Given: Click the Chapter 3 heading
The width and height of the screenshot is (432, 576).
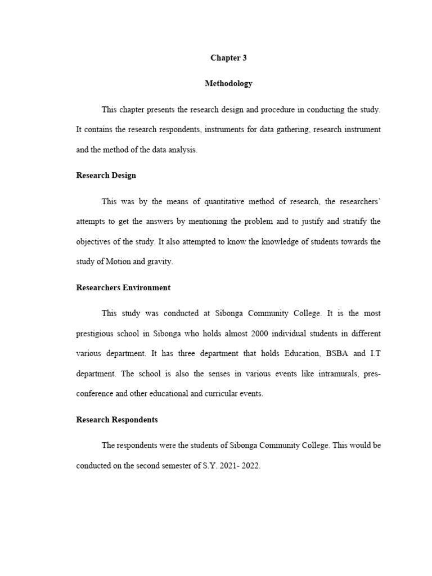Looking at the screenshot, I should (228, 58).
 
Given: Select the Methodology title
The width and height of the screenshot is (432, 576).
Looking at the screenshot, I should (228, 83).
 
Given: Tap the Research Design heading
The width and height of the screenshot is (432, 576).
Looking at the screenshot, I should (106, 175).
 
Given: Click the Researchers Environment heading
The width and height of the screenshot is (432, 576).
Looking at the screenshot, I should (123, 287).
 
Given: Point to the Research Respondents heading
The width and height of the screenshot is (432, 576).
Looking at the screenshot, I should (116, 420).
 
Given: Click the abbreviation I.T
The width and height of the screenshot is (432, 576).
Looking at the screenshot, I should (375, 353).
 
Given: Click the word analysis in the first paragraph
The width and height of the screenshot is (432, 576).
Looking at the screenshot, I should (180, 150).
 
